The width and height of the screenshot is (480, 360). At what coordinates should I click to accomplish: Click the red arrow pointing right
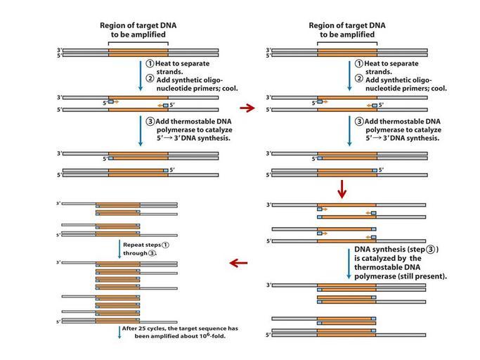pyautogui.click(x=246, y=108)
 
